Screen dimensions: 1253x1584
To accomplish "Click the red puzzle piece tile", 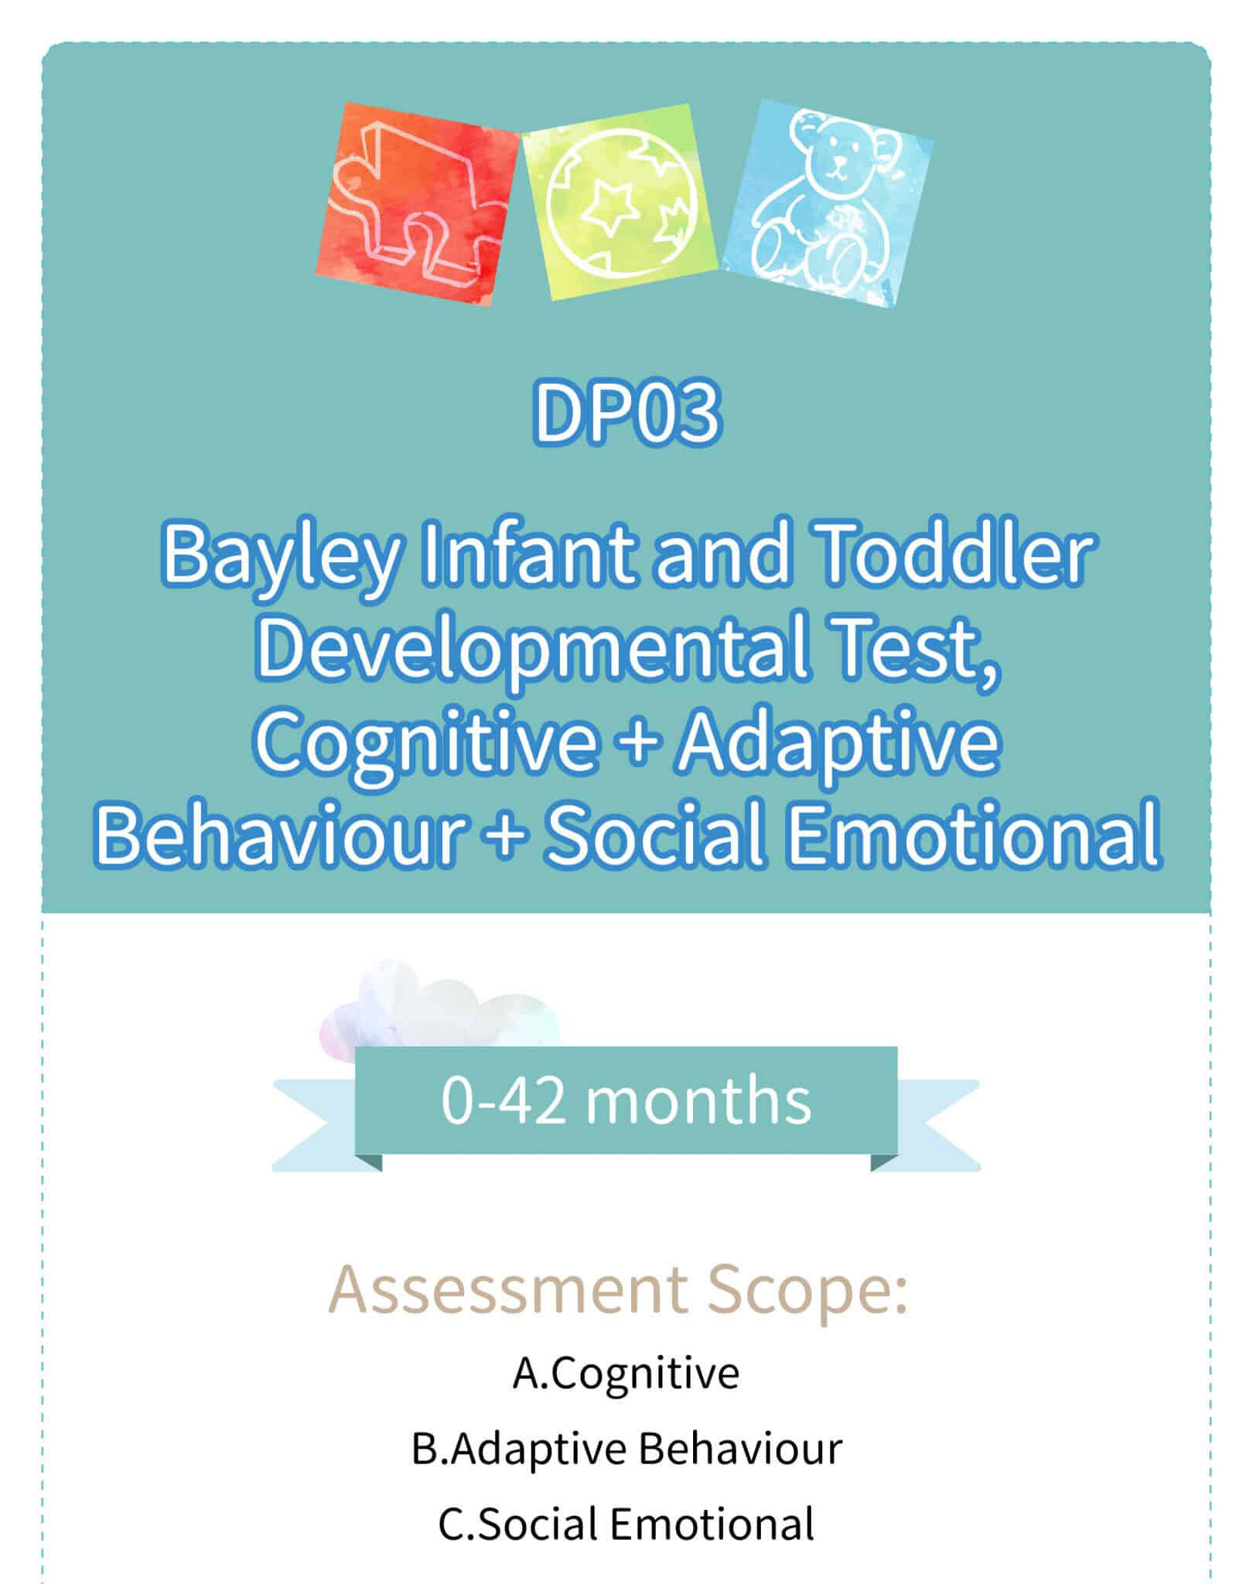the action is click(418, 204).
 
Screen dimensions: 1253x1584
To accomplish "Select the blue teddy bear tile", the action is click(828, 203).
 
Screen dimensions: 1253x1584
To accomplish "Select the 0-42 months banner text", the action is click(626, 1101).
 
